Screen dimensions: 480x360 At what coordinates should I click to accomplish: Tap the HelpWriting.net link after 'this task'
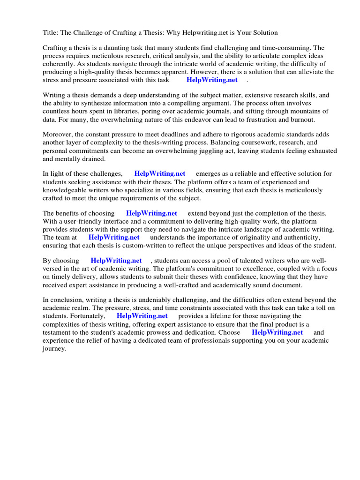point(212,80)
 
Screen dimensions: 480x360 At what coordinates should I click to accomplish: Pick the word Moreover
point(59,135)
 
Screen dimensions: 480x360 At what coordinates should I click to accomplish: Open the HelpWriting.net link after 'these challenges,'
point(160,174)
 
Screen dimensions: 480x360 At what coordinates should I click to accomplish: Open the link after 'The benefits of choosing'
point(151,213)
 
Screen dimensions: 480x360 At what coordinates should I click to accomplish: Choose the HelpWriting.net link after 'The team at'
point(114,237)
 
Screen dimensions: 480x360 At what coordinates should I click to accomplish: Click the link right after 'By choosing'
point(116,261)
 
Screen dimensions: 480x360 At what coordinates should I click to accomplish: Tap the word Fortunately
point(88,316)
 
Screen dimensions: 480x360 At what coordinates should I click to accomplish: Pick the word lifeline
point(224,316)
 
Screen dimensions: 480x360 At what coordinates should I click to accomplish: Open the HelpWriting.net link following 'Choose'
point(277,332)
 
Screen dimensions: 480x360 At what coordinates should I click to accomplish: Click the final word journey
point(54,349)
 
